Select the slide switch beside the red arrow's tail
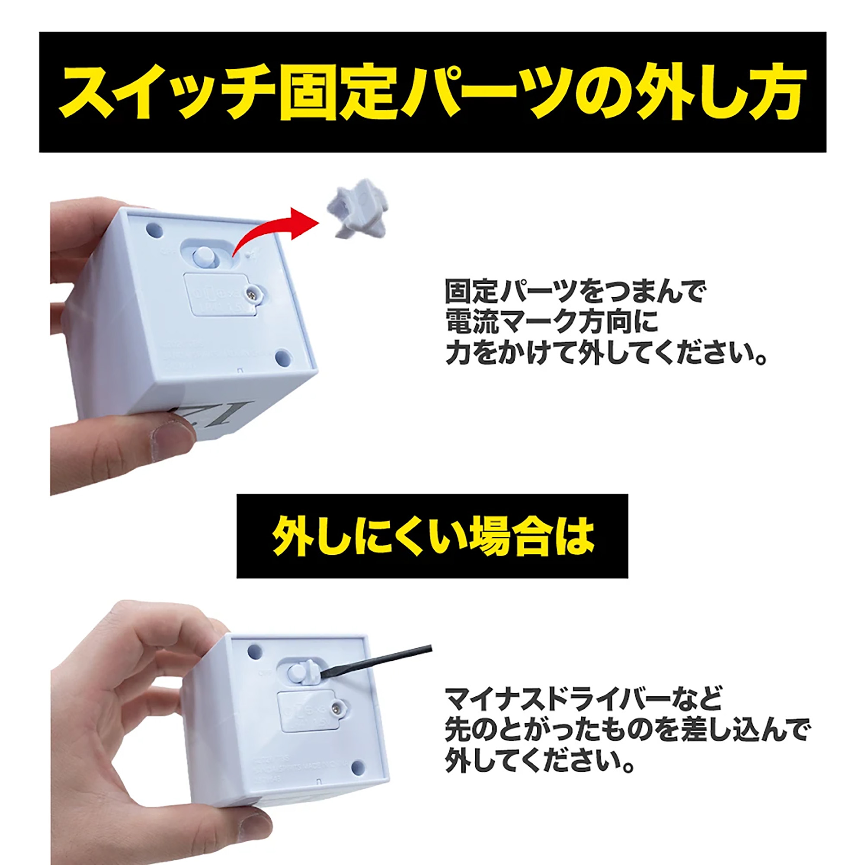tap(204, 257)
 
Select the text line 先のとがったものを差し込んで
tap(627, 730)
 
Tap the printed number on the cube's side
tap(188, 416)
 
